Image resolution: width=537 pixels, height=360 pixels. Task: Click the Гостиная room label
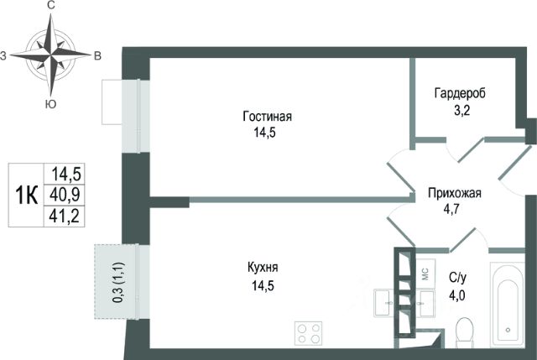(267, 117)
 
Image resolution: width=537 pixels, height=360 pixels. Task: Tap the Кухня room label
(263, 268)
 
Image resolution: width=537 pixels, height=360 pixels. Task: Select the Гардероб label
(460, 93)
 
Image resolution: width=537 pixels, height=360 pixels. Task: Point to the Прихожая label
(455, 193)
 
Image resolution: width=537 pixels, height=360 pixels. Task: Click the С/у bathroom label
(457, 279)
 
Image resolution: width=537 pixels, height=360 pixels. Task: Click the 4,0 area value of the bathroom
(457, 295)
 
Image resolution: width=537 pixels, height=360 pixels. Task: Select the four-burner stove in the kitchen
(308, 334)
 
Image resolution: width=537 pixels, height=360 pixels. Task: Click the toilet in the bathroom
(464, 331)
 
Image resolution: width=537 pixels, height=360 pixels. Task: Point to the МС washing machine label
(425, 274)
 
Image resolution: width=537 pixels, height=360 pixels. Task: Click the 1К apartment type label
(27, 196)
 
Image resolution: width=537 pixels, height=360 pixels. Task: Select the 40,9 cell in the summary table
(65, 195)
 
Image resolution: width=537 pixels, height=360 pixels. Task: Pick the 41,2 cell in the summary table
(65, 217)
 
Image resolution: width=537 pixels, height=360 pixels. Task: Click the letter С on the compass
(51, 6)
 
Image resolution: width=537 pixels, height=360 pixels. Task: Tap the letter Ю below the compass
(50, 104)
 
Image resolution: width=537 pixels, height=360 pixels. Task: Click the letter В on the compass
(97, 56)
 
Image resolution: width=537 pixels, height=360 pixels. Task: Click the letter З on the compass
(3, 56)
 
